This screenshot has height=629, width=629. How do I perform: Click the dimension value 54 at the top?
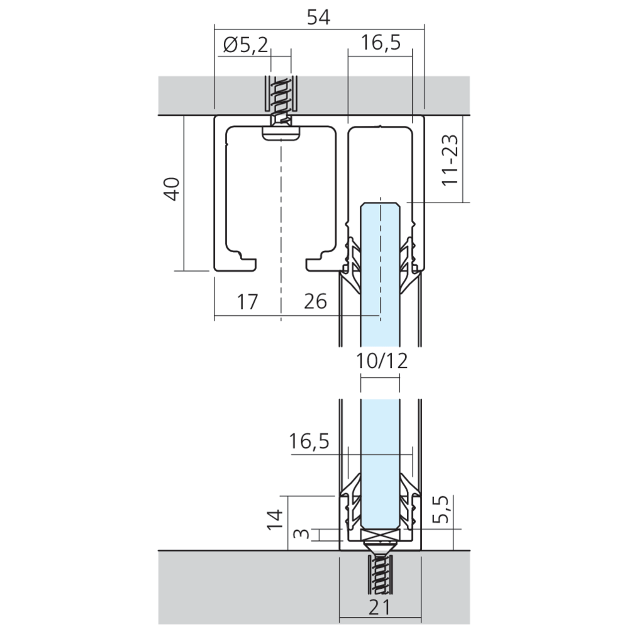click(318, 18)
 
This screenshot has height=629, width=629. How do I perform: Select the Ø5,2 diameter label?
click(245, 45)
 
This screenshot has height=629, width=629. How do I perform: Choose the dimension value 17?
click(247, 302)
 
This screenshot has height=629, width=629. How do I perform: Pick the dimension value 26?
click(316, 302)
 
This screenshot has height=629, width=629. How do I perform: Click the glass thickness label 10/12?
click(381, 360)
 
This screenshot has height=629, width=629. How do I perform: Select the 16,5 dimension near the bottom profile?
click(309, 442)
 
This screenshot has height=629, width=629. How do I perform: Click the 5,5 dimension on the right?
click(442, 510)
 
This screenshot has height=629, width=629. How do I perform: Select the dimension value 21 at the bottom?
click(380, 608)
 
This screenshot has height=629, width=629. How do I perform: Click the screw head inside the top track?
click(281, 133)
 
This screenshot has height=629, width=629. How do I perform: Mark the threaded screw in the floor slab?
click(379, 572)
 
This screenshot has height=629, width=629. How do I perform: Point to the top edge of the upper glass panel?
click(380, 203)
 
